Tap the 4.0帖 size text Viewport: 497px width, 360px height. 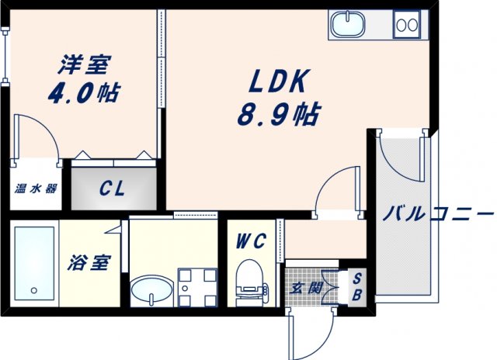coord(83,92)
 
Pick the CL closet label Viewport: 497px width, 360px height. coord(113,189)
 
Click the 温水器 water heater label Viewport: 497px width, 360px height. coord(35,189)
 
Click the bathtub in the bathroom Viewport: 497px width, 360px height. coord(33,263)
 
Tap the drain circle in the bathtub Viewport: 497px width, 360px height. coord(33,291)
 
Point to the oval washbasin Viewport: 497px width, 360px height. coord(149,292)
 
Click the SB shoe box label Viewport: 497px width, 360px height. coord(356,287)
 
